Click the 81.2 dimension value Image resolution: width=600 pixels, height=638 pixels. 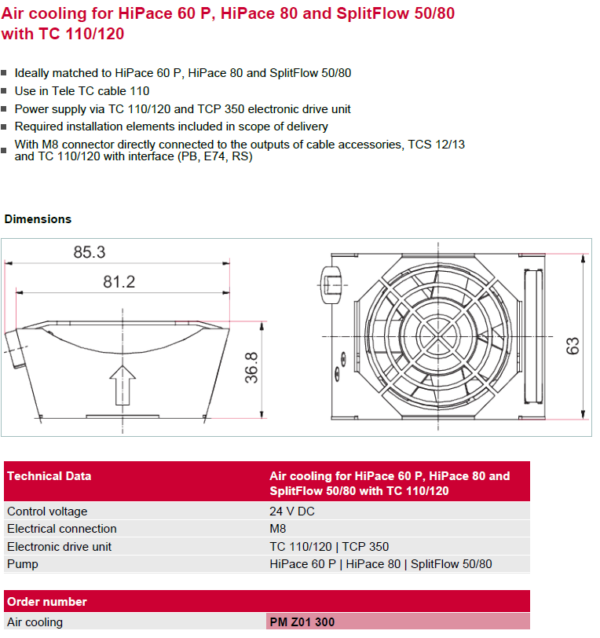tap(117, 283)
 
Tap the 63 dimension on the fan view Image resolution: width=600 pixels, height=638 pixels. tap(573, 346)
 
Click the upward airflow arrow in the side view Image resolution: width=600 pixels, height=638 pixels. tap(122, 384)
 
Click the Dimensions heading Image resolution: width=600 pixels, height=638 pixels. tap(38, 219)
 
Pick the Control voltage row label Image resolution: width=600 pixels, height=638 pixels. tap(47, 511)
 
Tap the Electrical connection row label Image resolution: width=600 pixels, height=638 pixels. tap(62, 529)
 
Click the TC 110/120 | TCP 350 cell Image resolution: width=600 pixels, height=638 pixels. tap(329, 547)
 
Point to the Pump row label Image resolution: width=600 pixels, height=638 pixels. tap(23, 564)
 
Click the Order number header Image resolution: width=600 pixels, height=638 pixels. tap(47, 602)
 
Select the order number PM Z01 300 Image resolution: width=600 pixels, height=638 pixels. tap(302, 622)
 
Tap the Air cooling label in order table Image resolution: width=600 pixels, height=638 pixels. tap(35, 622)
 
